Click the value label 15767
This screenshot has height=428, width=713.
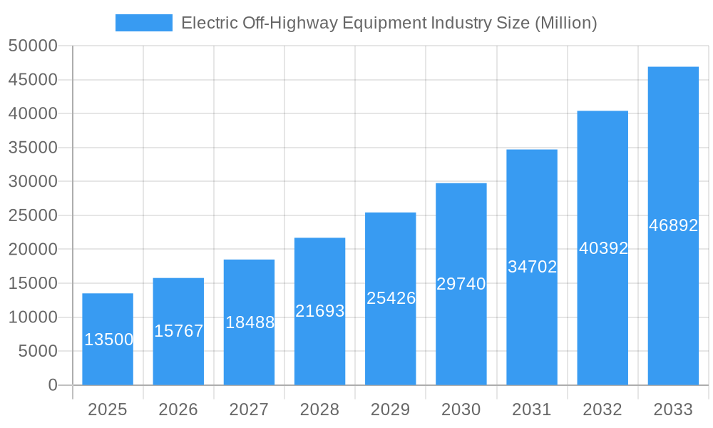179,331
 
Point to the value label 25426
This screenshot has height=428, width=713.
391,298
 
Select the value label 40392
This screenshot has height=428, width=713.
603,248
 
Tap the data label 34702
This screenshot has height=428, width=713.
532,267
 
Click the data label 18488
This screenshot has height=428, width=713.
250,322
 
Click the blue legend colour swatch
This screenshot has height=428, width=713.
143,23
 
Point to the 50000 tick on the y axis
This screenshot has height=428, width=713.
33,46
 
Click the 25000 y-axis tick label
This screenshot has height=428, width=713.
33,215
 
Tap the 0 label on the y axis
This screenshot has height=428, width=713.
52,385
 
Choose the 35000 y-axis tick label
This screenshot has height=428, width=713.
33,148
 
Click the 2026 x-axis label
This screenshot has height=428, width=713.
178,409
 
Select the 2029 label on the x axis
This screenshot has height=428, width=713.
390,409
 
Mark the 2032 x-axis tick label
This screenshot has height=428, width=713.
602,409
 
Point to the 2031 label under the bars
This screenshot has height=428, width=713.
532,409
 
